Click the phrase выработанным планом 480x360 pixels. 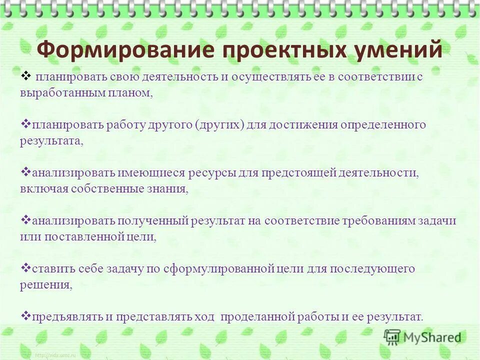pos(86,93)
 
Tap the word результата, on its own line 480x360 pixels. pos(51,141)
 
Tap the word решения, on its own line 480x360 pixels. pos(46,285)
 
